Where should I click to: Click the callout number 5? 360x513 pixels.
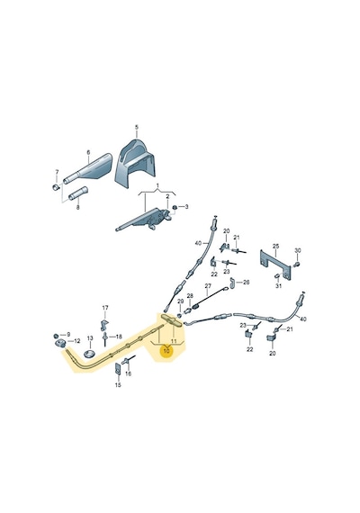coord(137,127)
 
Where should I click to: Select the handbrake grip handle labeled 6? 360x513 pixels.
coord(87,169)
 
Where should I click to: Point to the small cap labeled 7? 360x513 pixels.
coord(56,187)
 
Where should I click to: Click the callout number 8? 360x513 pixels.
coord(78,207)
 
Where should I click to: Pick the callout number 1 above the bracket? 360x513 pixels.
coord(157,185)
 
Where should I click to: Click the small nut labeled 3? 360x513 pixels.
coord(175,207)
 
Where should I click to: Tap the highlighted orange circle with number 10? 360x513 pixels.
coord(166,351)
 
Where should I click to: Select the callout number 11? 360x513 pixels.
coord(174,341)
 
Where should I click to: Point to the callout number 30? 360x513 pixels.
coord(298,250)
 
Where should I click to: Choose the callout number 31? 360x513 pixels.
coord(278,286)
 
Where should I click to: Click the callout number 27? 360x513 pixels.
coord(208,286)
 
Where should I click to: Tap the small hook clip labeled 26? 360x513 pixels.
coord(232,283)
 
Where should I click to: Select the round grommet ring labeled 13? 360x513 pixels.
coord(89,353)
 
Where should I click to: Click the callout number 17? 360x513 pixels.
coord(105,308)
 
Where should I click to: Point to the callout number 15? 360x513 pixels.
coord(118,385)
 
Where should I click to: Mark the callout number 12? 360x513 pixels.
coord(76,341)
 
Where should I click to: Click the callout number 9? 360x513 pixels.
coord(68,335)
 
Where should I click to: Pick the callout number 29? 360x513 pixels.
coord(180,301)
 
